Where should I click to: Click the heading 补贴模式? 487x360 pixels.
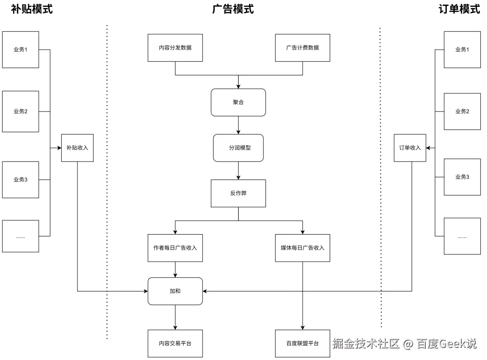(x=32, y=9)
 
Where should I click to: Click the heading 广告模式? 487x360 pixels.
(x=233, y=9)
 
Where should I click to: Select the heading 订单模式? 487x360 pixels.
(x=459, y=9)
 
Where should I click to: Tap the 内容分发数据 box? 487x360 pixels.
(x=175, y=47)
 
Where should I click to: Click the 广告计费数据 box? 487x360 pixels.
(x=302, y=47)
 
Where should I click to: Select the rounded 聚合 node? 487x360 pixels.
(x=238, y=102)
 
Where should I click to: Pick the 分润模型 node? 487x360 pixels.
(x=238, y=148)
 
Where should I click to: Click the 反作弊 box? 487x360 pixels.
(x=238, y=193)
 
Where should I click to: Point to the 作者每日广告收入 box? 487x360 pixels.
(x=175, y=248)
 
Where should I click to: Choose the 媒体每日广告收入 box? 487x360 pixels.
(x=302, y=248)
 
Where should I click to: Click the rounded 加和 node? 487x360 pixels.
(x=175, y=291)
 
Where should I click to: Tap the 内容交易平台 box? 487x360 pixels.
(x=175, y=343)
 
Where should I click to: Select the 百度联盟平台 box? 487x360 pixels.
(x=302, y=343)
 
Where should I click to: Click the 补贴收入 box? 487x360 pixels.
(x=77, y=148)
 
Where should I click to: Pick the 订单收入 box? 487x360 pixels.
(x=409, y=148)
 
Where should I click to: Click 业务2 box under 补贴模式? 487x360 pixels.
(x=20, y=111)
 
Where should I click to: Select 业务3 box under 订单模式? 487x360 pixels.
(x=462, y=177)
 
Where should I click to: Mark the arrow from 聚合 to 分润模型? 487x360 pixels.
(x=238, y=125)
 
